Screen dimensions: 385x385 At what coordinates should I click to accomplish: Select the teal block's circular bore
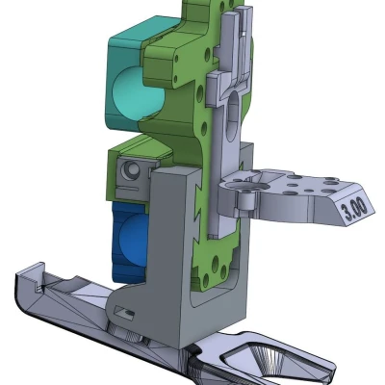click(x=131, y=92)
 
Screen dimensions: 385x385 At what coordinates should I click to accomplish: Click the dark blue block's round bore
click(x=131, y=237)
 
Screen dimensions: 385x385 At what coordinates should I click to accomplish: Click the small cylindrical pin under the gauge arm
click(x=247, y=202)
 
